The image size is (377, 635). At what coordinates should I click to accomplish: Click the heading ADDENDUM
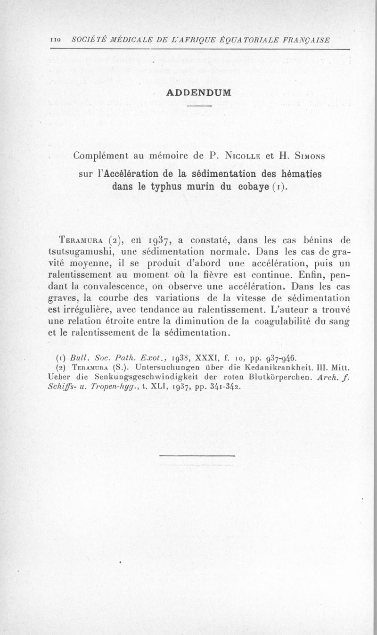(x=198, y=92)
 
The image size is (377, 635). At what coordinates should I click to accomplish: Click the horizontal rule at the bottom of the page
(x=197, y=456)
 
